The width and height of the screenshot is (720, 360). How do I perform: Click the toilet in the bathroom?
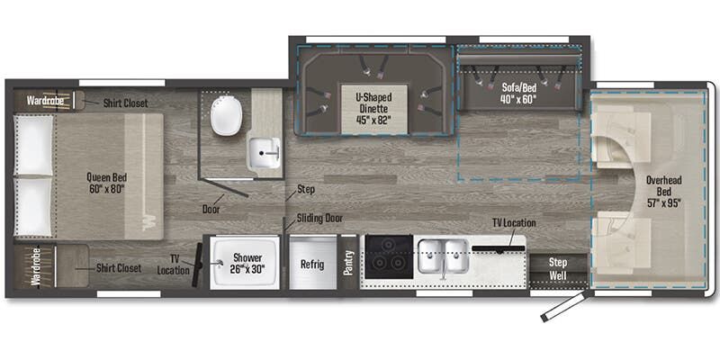226,115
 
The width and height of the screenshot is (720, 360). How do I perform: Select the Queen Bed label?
106,183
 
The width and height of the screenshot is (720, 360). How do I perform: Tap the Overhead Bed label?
663,191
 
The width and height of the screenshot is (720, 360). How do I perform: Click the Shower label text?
241,263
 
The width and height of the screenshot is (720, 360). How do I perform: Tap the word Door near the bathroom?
212,209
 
